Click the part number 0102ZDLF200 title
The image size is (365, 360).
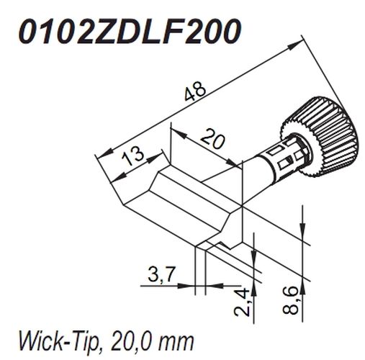click(x=130, y=32)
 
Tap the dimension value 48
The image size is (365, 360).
click(x=195, y=91)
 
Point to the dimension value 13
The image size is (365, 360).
click(x=133, y=156)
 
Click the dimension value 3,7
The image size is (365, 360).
click(x=161, y=274)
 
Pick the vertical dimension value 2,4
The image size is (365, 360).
click(x=242, y=302)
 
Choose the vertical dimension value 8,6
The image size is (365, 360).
click(x=290, y=300)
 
